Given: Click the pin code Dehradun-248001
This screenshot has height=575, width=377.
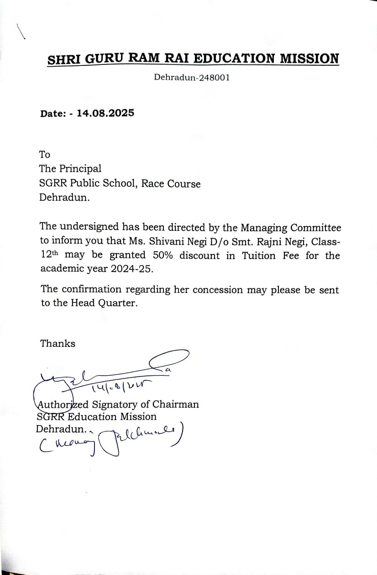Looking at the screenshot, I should (192, 77).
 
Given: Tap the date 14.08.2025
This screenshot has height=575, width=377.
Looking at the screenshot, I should (105, 113).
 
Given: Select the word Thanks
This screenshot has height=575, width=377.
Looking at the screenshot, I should (58, 343).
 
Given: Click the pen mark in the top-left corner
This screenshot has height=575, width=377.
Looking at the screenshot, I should (20, 32).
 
